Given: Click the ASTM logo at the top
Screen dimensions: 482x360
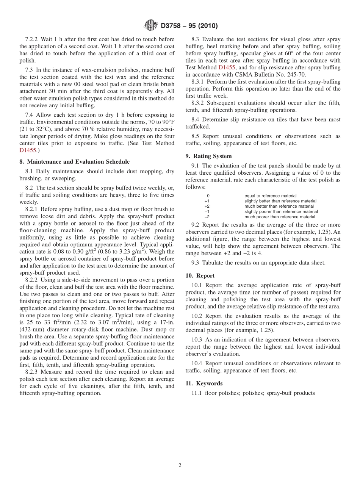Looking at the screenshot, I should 151,25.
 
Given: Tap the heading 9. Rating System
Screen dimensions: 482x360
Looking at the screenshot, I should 208,156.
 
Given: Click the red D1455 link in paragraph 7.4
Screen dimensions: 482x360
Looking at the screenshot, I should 28,150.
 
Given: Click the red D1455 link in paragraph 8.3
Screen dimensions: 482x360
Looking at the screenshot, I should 227,67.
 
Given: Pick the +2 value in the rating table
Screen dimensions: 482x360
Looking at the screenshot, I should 207,207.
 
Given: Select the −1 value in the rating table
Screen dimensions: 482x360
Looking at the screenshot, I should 207,212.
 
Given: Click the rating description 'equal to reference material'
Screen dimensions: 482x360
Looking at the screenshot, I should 270,196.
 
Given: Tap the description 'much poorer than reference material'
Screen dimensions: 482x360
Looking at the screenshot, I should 280,217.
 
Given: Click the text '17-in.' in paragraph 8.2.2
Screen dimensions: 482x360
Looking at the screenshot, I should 166,322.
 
